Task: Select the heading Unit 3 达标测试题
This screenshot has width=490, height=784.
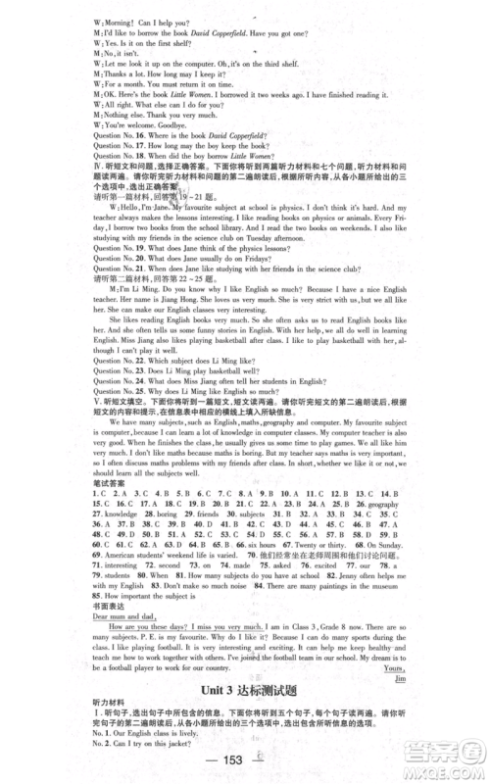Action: tap(245, 693)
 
